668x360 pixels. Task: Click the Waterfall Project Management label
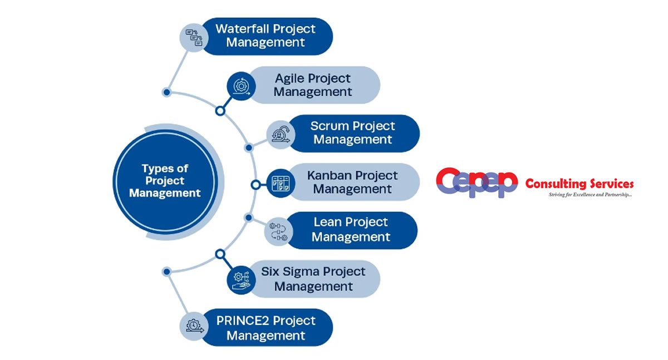tap(266, 36)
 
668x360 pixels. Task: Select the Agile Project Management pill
tap(313, 85)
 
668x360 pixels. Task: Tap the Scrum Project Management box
tap(353, 133)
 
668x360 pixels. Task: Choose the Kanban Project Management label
tap(352, 182)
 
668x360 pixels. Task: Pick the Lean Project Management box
tap(351, 230)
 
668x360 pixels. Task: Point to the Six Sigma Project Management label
tap(313, 279)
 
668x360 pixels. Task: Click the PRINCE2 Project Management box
tap(266, 328)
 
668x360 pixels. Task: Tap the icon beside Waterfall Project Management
tap(194, 37)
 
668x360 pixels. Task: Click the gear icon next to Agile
tap(241, 86)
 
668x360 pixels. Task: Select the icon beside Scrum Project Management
tap(279, 134)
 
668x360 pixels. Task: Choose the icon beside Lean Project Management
tap(278, 231)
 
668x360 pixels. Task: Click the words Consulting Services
tap(579, 184)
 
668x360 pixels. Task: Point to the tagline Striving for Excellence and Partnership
tap(589, 195)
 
